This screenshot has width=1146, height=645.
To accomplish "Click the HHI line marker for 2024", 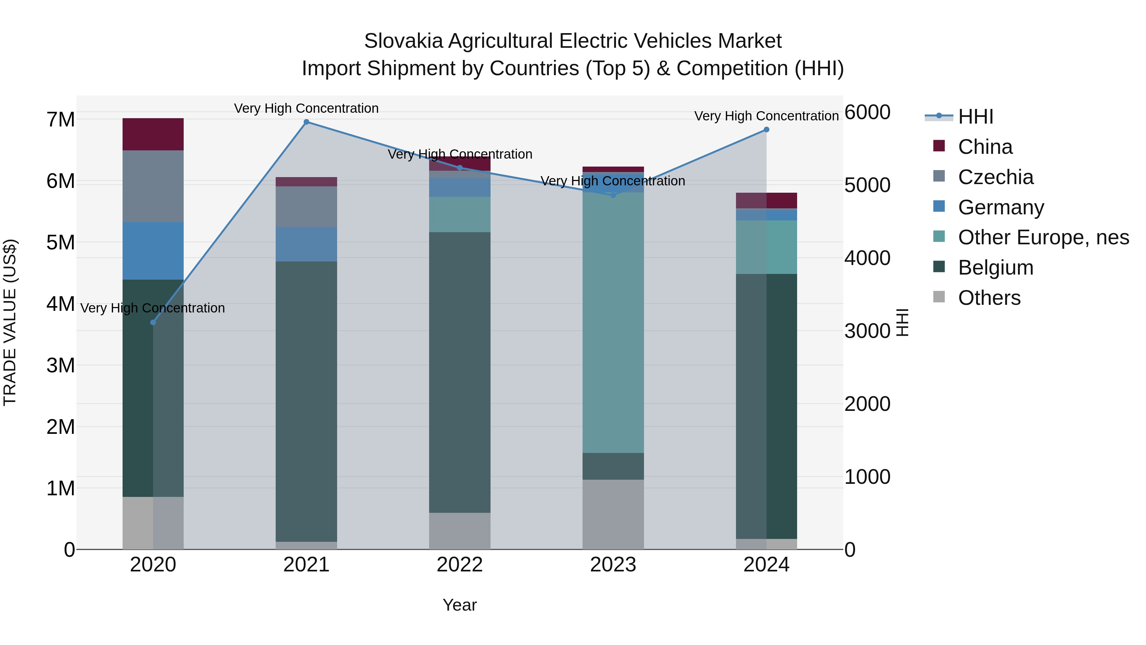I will click(766, 130).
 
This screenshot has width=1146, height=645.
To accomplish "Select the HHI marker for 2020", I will click(153, 322).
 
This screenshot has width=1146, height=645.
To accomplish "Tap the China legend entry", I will click(985, 147).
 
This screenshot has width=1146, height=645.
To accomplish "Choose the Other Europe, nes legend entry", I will click(1043, 237).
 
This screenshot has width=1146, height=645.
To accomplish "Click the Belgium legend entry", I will click(995, 268).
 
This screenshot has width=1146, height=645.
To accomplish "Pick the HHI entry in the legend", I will click(975, 117).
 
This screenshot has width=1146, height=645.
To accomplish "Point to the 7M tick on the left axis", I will click(60, 119).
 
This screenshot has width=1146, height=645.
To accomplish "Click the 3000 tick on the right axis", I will click(867, 331).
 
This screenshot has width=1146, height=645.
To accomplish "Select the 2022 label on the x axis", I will click(460, 565).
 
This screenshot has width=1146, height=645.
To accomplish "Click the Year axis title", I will click(460, 605).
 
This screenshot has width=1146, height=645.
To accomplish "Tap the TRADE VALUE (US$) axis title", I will click(10, 322).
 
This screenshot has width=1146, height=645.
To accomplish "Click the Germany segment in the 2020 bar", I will click(153, 251).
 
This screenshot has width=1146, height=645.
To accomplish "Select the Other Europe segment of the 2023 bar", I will click(613, 322).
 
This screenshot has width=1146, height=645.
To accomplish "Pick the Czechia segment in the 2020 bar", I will click(153, 186).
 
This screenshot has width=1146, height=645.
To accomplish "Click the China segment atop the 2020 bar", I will click(153, 134).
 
